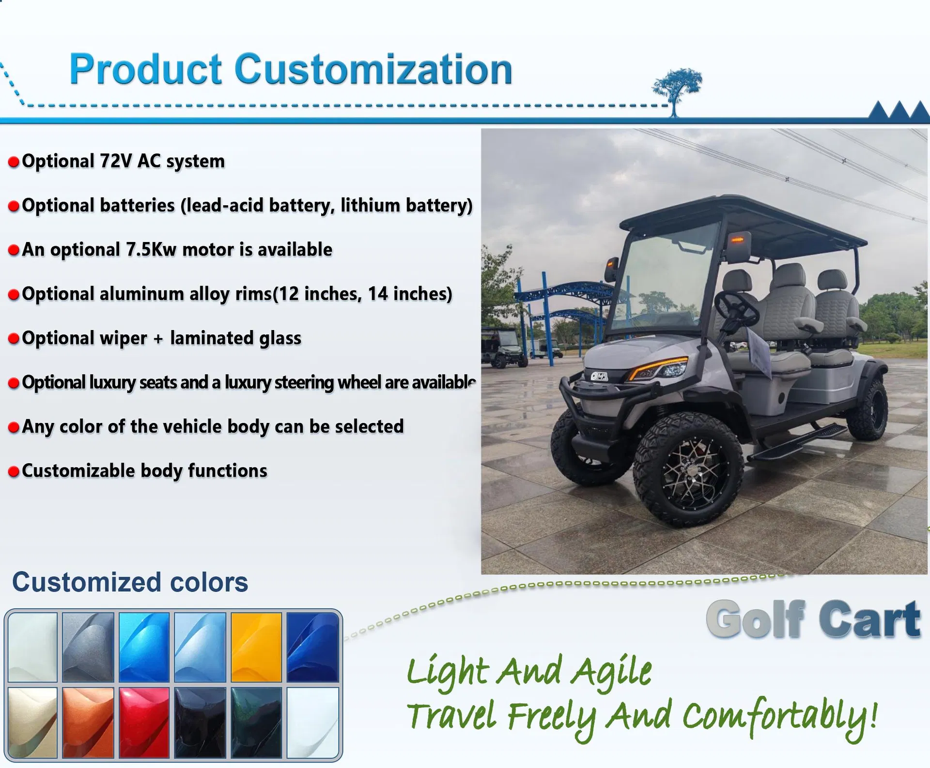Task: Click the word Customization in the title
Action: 373,70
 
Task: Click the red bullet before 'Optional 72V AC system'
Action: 14,162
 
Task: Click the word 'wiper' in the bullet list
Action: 123,338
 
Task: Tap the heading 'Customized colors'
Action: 130,582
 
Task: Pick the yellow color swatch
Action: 256,647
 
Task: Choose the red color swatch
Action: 144,722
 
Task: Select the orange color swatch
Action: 88,722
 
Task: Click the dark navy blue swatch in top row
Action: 312,647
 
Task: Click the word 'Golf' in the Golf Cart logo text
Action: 756,619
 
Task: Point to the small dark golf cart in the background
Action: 506,346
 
